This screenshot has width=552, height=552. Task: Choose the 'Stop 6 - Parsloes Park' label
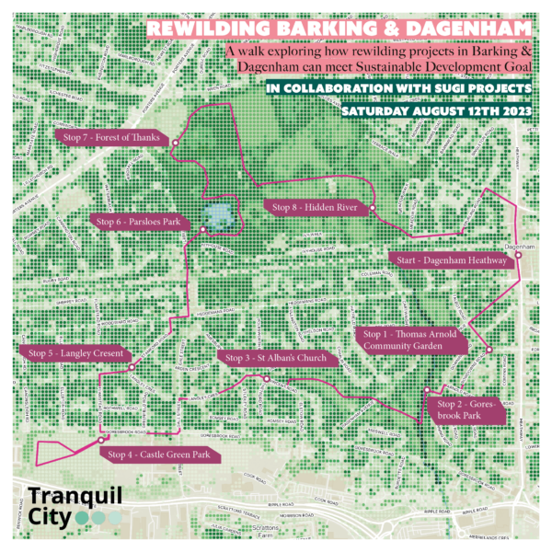pos(138,222)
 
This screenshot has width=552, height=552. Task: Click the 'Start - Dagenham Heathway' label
pos(452,261)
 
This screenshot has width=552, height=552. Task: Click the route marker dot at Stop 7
pos(170,142)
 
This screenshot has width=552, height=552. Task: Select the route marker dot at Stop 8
pos(374,212)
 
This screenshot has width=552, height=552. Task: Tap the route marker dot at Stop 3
pos(265,379)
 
